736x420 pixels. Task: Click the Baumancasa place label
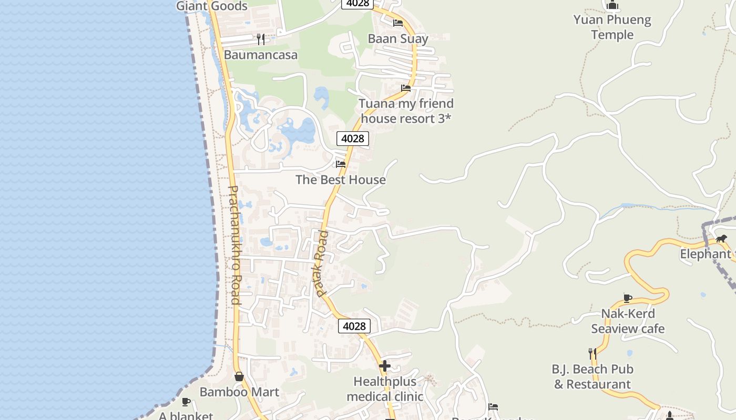pos(260,55)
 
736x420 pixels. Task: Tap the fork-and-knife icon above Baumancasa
pos(260,39)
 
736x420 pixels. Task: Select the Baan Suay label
pos(398,38)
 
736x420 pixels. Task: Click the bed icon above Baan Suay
pos(398,23)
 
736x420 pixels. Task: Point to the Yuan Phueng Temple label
pos(612,27)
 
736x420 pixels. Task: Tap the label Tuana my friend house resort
pos(406,111)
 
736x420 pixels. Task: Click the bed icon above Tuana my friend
pos(406,88)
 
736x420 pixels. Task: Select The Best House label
pos(340,180)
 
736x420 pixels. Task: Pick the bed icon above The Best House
pos(341,164)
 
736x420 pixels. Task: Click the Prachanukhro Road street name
pos(234,245)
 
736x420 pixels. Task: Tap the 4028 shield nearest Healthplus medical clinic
pos(354,326)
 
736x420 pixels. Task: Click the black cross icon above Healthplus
pos(385,366)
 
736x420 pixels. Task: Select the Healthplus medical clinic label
pos(385,389)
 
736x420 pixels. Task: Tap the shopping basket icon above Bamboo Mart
pos(239,376)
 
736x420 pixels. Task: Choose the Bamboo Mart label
pos(239,392)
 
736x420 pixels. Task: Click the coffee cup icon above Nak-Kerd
pos(628,298)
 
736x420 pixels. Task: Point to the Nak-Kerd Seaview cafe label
pos(628,321)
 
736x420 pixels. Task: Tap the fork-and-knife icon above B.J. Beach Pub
pos(592,353)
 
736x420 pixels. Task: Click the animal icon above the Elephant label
pos(721,239)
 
